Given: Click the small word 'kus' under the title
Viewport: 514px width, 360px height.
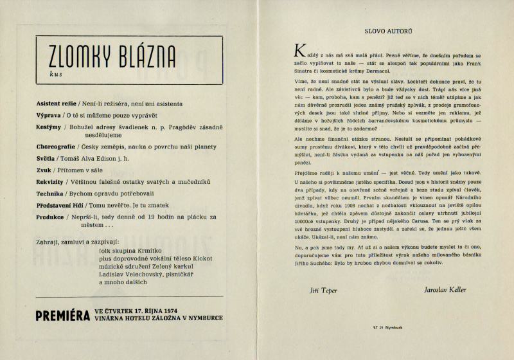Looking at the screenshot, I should pos(53,75).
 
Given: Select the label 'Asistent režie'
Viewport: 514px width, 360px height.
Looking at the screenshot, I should pos(56,103).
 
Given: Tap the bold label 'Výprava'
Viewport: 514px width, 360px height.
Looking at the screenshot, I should pos(49,116).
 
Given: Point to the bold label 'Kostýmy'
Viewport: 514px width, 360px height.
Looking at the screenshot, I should pos(51,128).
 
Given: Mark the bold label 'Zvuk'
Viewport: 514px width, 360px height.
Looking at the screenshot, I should pos(44,171).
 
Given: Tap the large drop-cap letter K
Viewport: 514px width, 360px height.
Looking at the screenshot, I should pos(297,50).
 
